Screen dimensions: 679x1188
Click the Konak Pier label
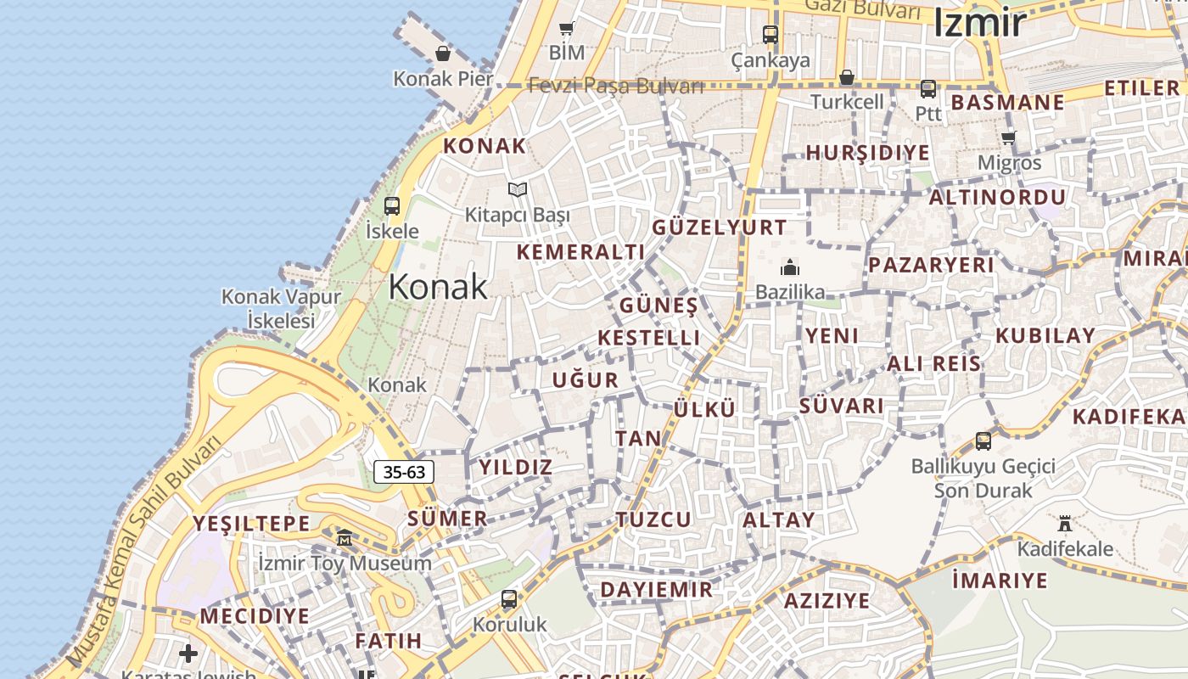(x=443, y=79)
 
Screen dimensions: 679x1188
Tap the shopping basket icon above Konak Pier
(x=443, y=54)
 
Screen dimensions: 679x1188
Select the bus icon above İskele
(x=392, y=205)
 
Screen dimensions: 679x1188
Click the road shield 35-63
(x=404, y=472)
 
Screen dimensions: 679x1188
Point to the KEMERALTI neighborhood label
(x=581, y=252)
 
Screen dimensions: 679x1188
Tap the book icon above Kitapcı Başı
(x=518, y=189)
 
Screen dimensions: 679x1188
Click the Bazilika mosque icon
(x=790, y=267)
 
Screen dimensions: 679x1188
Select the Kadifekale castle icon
(x=1065, y=523)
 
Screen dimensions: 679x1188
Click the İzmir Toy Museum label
(x=345, y=564)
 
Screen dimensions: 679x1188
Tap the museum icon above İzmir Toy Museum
(x=345, y=538)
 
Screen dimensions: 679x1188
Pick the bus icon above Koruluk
(x=509, y=599)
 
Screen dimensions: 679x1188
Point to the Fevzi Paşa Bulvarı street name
(x=616, y=86)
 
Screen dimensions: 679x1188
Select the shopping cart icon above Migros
(x=1009, y=137)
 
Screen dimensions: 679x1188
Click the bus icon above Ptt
(x=928, y=88)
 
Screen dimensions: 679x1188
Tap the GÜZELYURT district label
(x=720, y=227)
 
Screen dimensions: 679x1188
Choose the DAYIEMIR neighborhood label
(x=657, y=590)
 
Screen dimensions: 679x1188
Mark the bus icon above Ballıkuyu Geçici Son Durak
(x=983, y=441)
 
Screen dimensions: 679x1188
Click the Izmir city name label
(x=980, y=23)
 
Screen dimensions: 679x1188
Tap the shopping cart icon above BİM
(x=567, y=28)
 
